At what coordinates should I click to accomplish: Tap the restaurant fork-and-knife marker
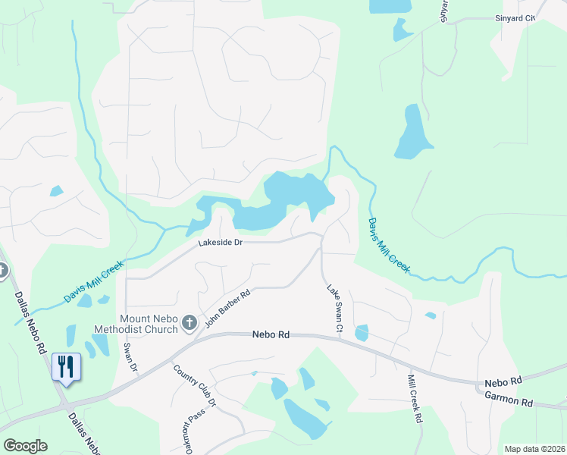pos(66,368)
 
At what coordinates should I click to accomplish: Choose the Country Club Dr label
pos(195,386)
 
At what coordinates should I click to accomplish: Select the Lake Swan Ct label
pos(335,309)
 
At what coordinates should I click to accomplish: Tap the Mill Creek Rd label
pos(414,398)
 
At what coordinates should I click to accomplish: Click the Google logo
pos(25,446)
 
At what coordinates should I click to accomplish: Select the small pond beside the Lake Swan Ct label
pos(362,332)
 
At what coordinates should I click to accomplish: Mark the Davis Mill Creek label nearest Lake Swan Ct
pos(388,245)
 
